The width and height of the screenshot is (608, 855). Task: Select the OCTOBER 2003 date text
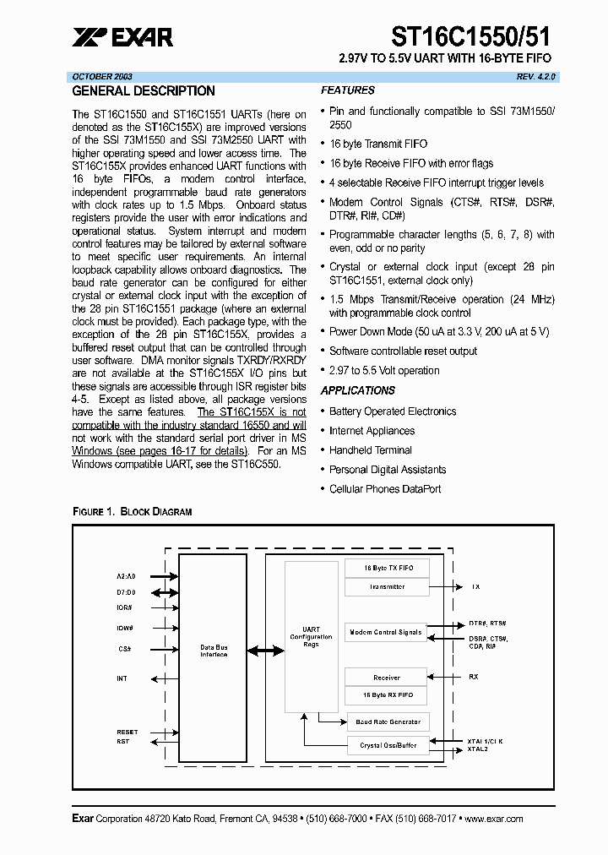102,76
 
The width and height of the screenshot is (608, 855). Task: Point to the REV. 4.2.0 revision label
536,76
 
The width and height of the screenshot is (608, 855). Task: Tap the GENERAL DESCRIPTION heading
144,91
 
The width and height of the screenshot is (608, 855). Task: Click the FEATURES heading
348,90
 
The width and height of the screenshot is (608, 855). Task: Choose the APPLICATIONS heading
358,390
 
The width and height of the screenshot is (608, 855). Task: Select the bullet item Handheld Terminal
371,450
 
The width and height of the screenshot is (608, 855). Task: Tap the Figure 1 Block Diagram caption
133,512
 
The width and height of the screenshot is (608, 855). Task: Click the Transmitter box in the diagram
387,587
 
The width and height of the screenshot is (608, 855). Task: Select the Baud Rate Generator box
387,722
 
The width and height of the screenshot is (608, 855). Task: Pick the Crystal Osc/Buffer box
387,745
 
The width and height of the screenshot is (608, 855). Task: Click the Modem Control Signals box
385,632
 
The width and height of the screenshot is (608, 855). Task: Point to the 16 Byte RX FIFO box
387,694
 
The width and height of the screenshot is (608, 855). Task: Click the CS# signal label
123,649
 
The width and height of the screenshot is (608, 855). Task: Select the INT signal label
122,678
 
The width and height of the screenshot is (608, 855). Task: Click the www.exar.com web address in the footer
493,819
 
